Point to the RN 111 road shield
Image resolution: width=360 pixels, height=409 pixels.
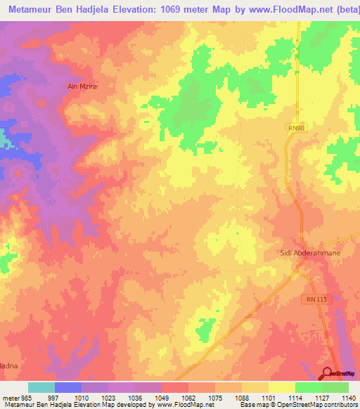click(317, 299)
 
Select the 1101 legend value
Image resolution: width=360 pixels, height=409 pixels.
click(268, 397)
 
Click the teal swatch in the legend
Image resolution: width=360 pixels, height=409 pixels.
click(41, 387)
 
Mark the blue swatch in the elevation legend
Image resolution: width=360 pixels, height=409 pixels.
click(68, 387)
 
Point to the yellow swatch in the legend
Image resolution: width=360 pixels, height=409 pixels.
click(281, 387)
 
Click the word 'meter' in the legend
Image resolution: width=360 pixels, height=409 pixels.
click(9, 397)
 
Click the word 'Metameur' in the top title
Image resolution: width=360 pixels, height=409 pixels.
click(32, 11)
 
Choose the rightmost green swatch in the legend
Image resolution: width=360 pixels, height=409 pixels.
click(335, 387)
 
